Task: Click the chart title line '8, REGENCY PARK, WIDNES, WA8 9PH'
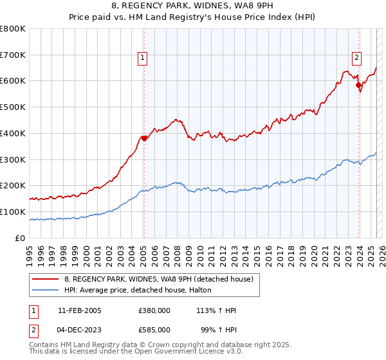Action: pos(192,7)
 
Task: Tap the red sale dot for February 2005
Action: pos(144,138)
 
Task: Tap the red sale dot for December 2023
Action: pos(358,84)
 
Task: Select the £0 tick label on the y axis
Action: pos(21,238)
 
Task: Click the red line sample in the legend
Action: pos(45,279)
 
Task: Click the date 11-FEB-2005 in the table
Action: pos(80,310)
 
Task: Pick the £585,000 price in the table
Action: pos(154,329)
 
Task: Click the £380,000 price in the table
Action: pos(154,310)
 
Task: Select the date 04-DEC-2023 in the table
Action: pos(80,329)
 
